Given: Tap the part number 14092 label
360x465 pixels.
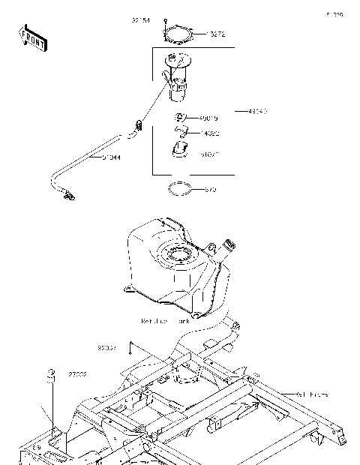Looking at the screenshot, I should (209, 133).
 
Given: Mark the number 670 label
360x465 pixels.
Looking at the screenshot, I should (211, 190).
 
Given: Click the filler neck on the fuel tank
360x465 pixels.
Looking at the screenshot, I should (228, 246).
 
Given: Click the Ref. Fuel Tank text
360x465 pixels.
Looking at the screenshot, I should (166, 319).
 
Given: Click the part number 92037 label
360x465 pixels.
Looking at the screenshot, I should (107, 349).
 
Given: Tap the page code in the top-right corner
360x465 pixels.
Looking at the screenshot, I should (334, 13).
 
